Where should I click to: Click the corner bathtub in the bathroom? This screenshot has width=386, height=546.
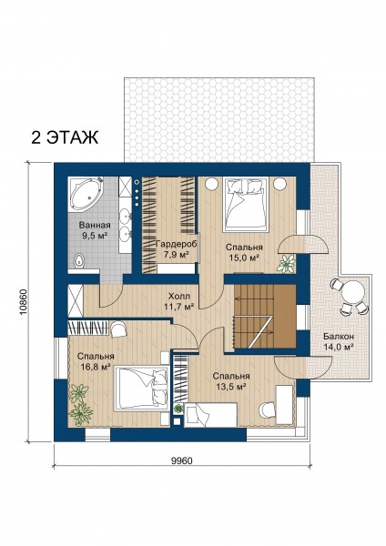[85, 194]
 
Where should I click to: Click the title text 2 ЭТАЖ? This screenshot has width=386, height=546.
[65, 137]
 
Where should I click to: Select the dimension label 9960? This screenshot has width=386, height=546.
[181, 460]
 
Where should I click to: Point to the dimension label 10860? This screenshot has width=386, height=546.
[22, 301]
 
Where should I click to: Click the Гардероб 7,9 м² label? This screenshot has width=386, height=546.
[176, 249]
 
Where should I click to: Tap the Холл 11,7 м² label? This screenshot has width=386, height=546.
[178, 301]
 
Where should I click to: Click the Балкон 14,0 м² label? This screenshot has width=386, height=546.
[339, 341]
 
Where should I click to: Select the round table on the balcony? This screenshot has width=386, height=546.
[353, 292]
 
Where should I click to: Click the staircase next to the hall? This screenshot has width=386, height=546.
[265, 316]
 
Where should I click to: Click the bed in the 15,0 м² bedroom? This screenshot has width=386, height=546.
[247, 205]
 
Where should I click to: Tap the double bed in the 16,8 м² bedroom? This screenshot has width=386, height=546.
[141, 388]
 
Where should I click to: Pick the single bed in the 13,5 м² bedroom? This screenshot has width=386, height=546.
[211, 414]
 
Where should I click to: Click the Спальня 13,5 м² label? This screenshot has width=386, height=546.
[231, 381]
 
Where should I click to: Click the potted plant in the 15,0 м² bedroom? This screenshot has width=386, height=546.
[286, 263]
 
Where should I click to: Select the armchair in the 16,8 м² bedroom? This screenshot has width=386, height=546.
[118, 329]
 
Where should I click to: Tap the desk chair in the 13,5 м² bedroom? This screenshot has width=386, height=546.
[268, 409]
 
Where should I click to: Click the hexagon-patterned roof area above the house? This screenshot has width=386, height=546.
[219, 119]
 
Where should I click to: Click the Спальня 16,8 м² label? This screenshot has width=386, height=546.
[96, 361]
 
